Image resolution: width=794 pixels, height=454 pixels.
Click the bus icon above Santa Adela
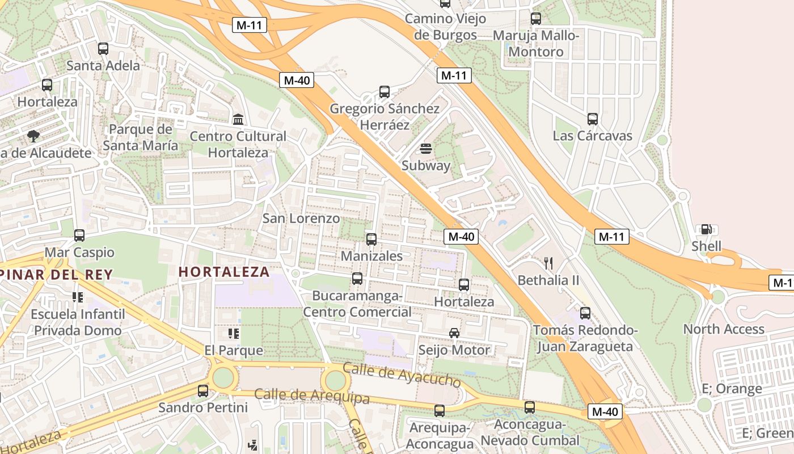tap(103, 49)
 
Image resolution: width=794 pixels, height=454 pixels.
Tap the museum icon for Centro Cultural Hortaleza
tap(238, 120)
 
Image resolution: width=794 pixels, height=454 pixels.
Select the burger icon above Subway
tap(426, 149)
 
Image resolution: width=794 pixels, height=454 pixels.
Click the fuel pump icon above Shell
tap(706, 229)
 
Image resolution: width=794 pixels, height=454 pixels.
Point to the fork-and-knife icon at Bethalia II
tap(548, 263)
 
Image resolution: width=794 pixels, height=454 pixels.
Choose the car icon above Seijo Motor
tap(454, 333)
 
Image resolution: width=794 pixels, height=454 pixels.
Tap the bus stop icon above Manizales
tap(371, 239)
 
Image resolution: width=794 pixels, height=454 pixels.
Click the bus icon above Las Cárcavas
tap(593, 119)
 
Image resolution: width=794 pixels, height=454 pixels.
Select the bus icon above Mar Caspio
tap(79, 236)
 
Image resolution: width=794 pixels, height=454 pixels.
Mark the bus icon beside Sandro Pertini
tap(202, 391)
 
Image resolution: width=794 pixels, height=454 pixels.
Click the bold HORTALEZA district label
tap(224, 272)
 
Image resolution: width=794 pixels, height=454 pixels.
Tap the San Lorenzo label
tap(301, 218)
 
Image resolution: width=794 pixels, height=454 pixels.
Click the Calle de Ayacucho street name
tap(402, 375)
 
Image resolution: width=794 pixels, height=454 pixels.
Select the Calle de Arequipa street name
tap(311, 396)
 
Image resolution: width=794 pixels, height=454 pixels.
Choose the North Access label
tap(724, 329)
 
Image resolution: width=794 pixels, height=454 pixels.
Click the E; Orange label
tap(732, 389)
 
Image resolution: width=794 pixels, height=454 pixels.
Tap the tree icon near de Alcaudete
tap(33, 136)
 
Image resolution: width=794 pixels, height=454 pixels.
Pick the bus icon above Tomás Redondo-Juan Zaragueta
tap(585, 313)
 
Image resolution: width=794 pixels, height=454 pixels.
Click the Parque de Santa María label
tap(140, 137)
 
